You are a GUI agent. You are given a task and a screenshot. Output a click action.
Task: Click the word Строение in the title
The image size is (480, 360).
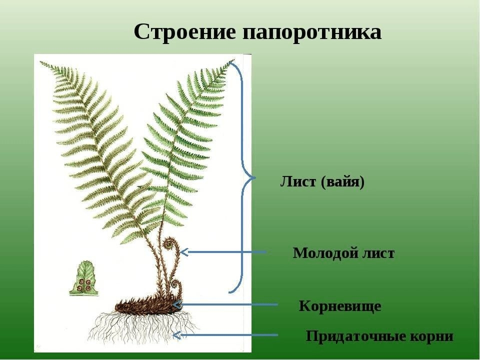pos(185,32)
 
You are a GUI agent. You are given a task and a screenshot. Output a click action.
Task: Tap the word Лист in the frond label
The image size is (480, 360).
pos(298,181)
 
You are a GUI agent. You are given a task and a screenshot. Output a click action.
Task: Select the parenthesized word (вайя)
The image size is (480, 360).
pos(343,182)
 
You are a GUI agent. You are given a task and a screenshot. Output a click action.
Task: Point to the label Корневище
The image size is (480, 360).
pos(340,306)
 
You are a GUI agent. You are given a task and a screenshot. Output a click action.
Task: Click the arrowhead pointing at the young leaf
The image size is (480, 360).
pos(184,252)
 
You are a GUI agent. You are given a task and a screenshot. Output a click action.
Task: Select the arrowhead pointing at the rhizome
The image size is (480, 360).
pos(176,304)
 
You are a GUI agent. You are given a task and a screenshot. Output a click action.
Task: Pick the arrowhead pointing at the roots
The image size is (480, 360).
pos(176,335)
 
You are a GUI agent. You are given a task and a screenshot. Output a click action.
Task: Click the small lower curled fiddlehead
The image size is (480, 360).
pos(176,284)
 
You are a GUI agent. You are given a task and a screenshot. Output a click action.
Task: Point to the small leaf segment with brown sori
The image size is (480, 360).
pos(84,278)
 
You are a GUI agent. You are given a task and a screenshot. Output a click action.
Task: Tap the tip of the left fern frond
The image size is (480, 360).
pos(40,62)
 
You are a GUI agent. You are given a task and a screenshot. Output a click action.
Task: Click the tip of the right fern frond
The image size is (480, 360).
pos(234,60)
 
